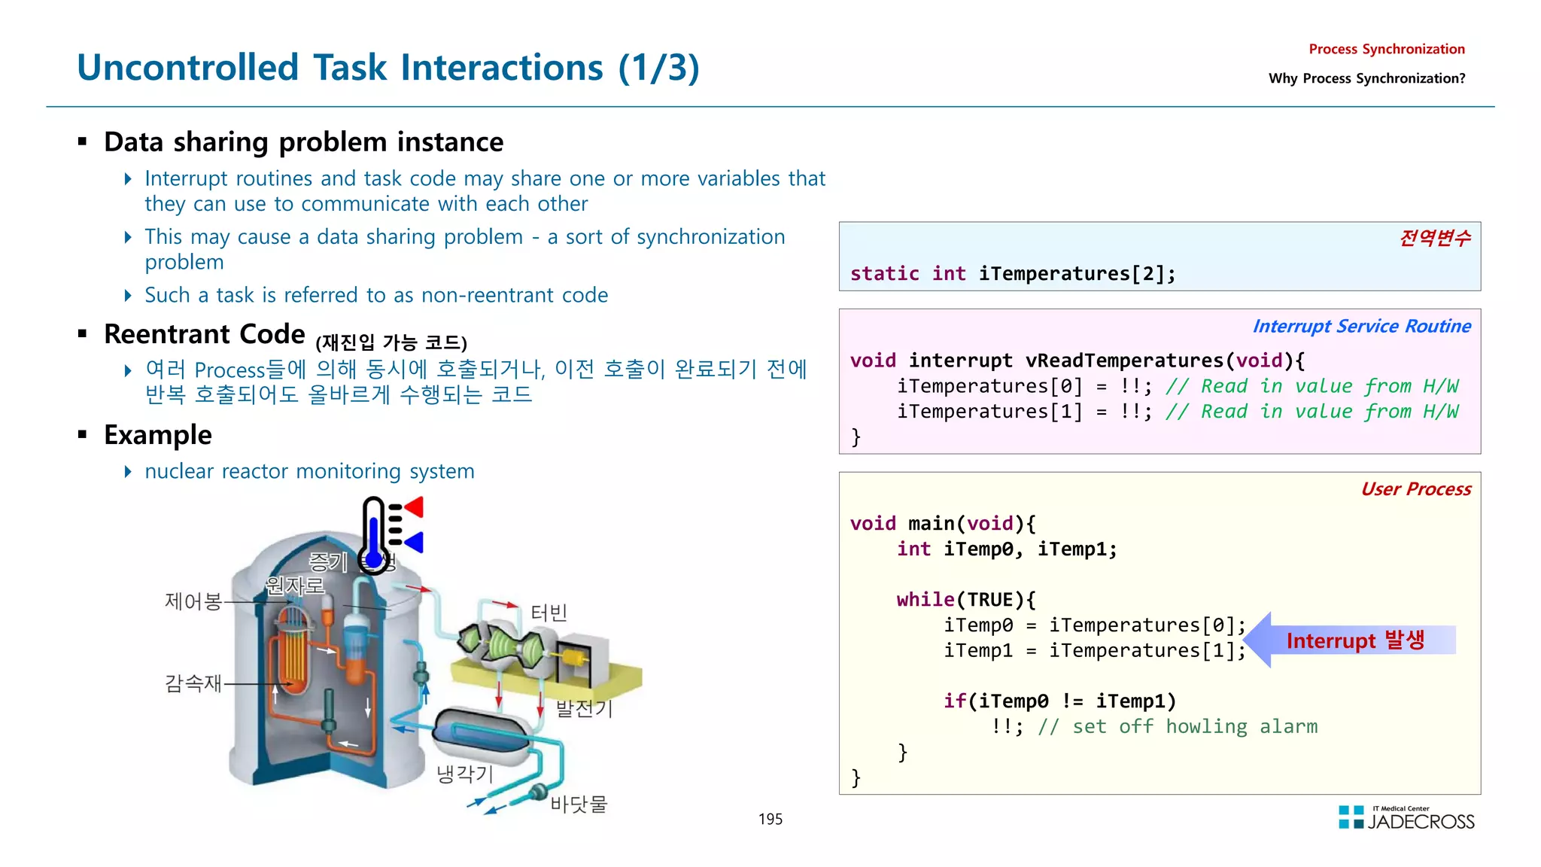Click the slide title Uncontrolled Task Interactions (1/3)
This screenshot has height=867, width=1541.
tap(388, 68)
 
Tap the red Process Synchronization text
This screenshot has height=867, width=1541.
tap(1386, 50)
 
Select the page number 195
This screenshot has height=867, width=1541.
tap(770, 819)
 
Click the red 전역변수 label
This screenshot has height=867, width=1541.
tap(1434, 239)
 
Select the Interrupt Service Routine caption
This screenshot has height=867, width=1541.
tap(1361, 327)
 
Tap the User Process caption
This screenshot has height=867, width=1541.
tap(1415, 489)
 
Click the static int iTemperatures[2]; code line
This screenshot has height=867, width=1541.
tap(1012, 274)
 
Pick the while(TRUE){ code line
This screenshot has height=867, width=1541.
tap(965, 600)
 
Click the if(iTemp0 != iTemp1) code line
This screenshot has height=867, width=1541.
tap(1059, 701)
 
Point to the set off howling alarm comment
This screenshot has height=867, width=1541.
tap(1177, 727)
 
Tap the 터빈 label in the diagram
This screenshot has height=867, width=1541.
tap(549, 613)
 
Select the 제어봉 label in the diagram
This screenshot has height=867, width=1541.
tap(193, 601)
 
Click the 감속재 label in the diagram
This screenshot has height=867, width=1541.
tap(193, 683)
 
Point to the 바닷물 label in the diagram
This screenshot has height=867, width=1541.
tap(578, 804)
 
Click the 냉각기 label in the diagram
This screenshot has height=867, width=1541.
tap(464, 774)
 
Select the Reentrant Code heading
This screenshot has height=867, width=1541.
tap(205, 334)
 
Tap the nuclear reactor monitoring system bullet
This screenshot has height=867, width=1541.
tap(309, 472)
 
